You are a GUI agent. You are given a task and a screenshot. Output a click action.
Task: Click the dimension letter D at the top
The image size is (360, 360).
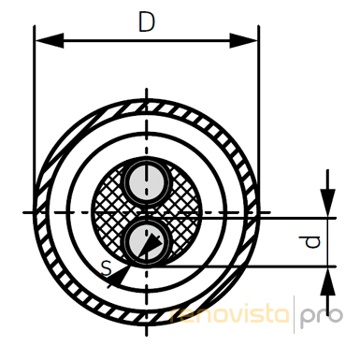147,22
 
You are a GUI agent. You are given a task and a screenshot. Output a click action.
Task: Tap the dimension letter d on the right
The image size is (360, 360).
312,242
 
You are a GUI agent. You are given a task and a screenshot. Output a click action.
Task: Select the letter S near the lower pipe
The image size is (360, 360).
107,268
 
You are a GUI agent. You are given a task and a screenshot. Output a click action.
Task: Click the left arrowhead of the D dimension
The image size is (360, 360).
50,40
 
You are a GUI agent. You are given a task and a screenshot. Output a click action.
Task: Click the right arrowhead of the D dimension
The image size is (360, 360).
243,40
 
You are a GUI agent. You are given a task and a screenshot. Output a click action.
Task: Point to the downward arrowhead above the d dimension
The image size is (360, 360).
327,203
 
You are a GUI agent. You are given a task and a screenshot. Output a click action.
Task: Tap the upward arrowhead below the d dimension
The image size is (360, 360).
327,281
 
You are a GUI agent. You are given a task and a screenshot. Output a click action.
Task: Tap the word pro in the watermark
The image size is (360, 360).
321,318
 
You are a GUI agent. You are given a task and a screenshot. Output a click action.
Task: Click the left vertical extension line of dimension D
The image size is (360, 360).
35,120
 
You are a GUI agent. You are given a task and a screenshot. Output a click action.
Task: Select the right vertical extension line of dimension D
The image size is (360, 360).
259,120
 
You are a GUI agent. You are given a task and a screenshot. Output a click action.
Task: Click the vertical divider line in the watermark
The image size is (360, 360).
295,315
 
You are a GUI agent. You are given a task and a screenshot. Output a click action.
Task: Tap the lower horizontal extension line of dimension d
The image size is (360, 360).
241,266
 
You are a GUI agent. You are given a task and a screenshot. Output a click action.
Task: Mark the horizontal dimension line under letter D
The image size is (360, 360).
147,40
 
